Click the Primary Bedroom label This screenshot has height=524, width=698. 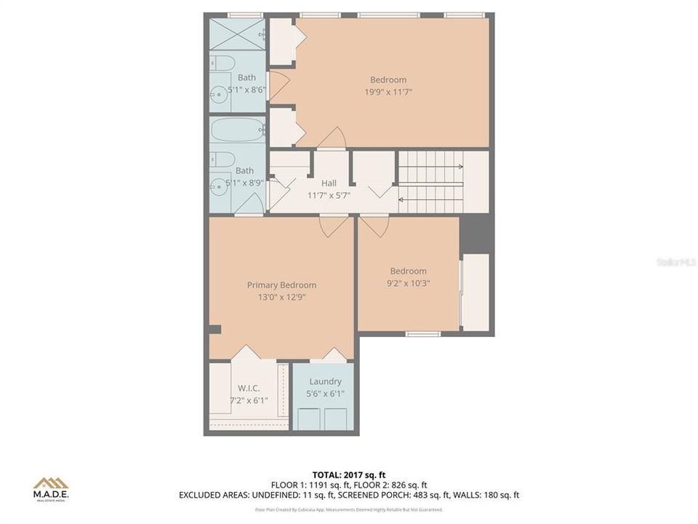click(x=281, y=285)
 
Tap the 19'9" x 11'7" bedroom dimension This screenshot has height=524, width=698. click(x=388, y=92)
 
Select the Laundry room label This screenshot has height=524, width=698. click(x=325, y=381)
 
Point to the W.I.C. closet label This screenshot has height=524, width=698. click(x=249, y=388)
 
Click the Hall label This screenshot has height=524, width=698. click(x=329, y=183)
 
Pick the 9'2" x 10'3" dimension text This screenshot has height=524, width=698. click(x=408, y=283)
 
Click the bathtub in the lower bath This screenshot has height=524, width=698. click(x=238, y=130)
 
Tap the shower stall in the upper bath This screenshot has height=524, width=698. click(x=238, y=33)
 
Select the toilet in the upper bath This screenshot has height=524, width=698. click(x=223, y=63)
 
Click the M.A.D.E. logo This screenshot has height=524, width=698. click(x=51, y=488)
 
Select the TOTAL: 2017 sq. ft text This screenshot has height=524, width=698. click(x=349, y=474)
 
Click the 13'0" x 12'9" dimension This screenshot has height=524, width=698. click(x=281, y=297)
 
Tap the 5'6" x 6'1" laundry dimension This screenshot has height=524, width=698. click(x=325, y=394)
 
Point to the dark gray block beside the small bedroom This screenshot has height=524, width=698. click(x=476, y=234)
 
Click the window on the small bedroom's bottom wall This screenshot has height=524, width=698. click(x=422, y=334)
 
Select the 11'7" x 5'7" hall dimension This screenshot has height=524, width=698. click(x=329, y=195)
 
